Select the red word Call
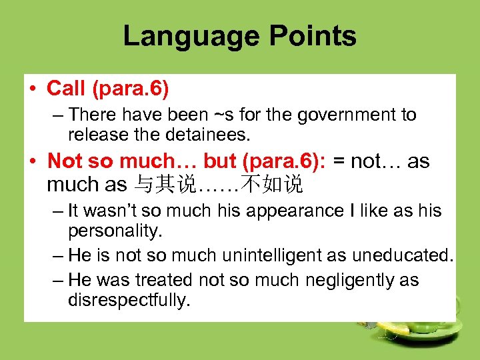tap(66, 88)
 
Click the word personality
tap(115, 231)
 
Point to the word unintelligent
tap(261, 255)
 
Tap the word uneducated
tap(405, 255)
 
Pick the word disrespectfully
tap(129, 301)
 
